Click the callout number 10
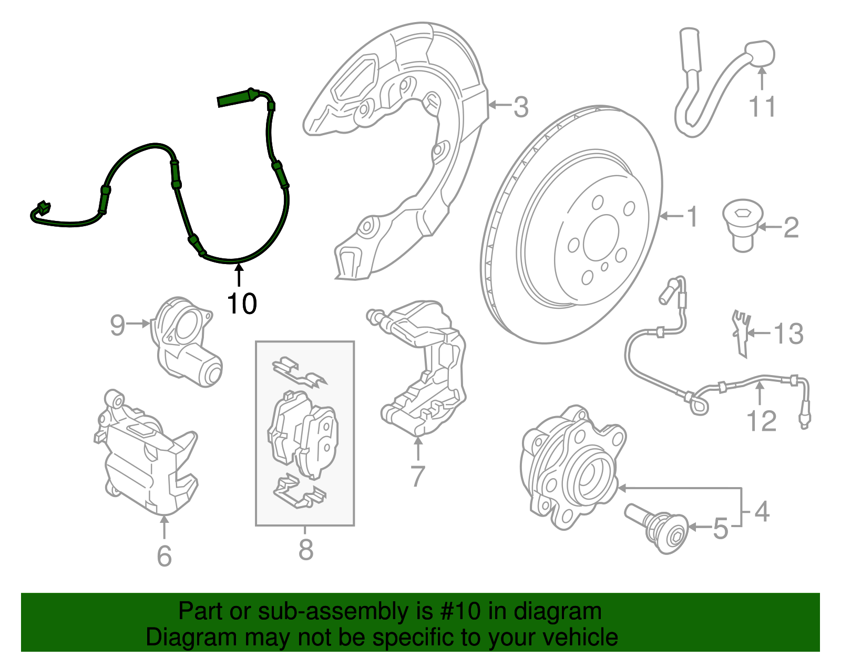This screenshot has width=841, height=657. [242, 304]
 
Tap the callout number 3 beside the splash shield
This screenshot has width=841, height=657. [520, 107]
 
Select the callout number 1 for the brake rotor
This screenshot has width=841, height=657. [692, 216]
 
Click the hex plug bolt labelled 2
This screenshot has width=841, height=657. [742, 226]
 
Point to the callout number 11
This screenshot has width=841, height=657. [762, 107]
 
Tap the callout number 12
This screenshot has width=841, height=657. [761, 421]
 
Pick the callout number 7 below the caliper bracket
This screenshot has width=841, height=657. [417, 476]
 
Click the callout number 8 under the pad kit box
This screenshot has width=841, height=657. [305, 550]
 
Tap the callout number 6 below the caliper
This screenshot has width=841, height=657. [164, 556]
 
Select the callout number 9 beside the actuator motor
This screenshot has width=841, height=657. [117, 325]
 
